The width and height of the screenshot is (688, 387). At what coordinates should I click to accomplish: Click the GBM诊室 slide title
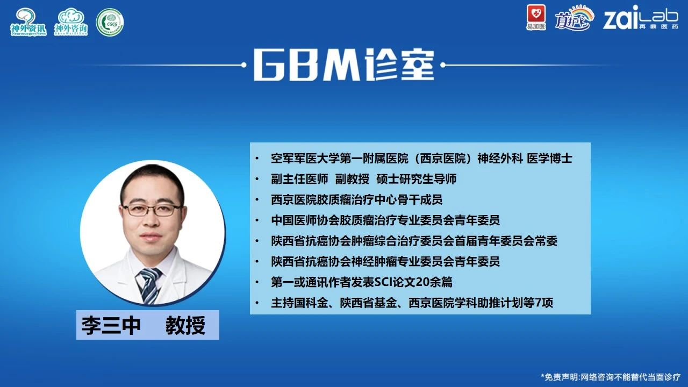(x=343, y=65)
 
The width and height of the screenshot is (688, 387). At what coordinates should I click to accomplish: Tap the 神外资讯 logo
(x=28, y=22)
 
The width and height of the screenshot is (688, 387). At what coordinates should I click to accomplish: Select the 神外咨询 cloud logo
(x=71, y=22)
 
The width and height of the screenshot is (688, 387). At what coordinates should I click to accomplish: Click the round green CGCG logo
(x=110, y=22)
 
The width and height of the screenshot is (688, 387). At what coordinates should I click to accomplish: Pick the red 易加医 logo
(x=536, y=18)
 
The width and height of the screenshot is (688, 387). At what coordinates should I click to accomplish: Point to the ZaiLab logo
(x=640, y=18)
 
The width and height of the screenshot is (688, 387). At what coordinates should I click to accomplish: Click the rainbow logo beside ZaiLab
(x=574, y=18)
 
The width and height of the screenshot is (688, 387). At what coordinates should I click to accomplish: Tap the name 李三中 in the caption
(x=111, y=325)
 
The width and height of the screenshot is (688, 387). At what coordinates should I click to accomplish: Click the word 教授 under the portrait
(x=185, y=325)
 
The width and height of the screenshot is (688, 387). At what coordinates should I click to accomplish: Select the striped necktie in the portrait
(x=149, y=285)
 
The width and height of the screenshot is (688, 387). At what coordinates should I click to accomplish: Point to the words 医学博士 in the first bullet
(x=549, y=159)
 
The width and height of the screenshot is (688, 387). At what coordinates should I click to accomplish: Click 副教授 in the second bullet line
(x=352, y=179)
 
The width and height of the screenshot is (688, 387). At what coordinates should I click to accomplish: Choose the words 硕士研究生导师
(x=416, y=179)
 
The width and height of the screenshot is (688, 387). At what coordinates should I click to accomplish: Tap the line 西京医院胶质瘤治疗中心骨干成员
(x=356, y=199)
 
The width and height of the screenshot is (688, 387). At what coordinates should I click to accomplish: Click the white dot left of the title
(x=243, y=65)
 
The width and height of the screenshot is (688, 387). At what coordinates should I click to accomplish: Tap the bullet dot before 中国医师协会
(x=257, y=220)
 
